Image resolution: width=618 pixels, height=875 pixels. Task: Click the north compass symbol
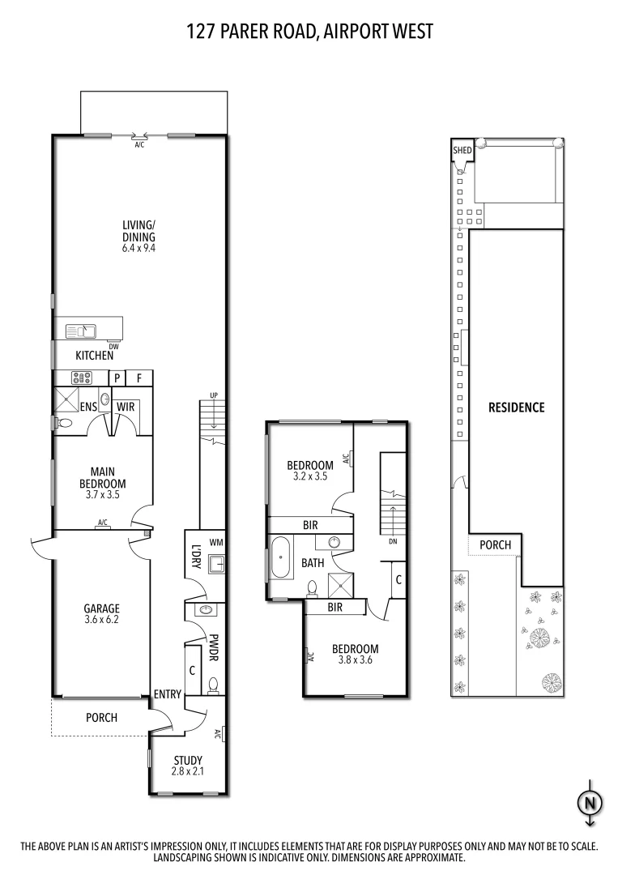[x=590, y=802]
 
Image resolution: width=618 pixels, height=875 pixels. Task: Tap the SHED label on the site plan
[x=462, y=150]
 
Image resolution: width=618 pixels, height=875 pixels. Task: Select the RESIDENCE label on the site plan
[x=516, y=408]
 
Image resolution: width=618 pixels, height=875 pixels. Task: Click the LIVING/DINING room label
[x=139, y=231]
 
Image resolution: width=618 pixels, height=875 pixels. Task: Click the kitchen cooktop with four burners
[x=82, y=377]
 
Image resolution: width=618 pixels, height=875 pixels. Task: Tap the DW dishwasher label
[x=113, y=346]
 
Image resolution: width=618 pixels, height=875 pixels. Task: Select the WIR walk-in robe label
[x=125, y=406]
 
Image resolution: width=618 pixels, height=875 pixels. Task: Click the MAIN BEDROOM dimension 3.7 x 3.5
[x=102, y=495]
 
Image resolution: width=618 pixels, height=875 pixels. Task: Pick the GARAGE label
[x=102, y=608]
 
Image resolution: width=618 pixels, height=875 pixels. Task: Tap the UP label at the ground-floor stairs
[x=213, y=395]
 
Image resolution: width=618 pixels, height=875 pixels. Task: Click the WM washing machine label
[x=215, y=541]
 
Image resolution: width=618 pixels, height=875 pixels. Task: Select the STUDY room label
[x=188, y=760]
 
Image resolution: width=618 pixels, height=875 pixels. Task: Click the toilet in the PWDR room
[x=213, y=687]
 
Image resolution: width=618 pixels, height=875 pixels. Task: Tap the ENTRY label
[x=167, y=694]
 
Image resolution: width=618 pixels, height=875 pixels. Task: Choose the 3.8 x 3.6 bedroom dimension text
[x=356, y=660]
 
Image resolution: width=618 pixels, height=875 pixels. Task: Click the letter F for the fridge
[x=139, y=378]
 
